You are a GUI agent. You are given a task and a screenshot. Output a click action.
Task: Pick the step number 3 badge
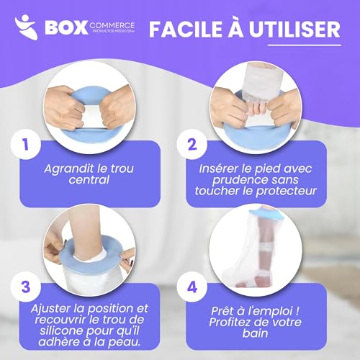(x=26, y=286)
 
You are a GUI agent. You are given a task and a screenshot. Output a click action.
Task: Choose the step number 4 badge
(x=192, y=286)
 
